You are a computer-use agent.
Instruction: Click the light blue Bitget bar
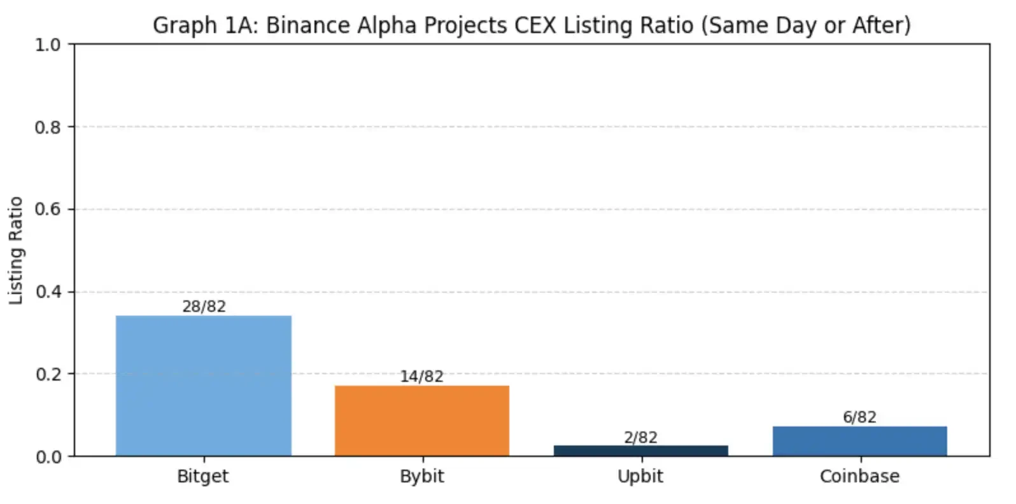204,386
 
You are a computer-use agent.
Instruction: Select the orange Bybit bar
422,421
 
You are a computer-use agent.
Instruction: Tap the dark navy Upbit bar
640,451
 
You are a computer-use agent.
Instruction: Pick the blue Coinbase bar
859,441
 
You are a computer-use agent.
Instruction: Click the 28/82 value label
204,306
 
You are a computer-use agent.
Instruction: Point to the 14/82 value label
421,376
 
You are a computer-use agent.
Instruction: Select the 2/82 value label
640,437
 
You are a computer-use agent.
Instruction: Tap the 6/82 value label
859,417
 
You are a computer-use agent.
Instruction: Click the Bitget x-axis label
202,476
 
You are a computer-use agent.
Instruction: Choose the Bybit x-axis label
421,476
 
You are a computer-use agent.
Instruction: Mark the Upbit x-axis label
640,476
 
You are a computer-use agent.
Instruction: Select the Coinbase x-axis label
859,476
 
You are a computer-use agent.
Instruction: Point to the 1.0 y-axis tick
48,45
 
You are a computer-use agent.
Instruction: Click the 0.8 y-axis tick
48,127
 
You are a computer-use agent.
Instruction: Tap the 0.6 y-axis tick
48,209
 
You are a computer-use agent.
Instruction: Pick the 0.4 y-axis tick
48,292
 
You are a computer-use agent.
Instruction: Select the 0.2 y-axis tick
48,374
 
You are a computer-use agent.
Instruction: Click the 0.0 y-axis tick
48,457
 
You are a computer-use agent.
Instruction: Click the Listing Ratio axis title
16,250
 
